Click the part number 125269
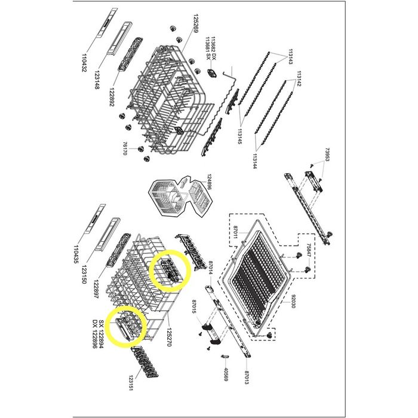pos(196,23)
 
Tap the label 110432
pos(84,63)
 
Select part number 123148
pos(97,79)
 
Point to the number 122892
pos(112,97)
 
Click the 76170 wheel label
pos(124,149)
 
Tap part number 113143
pos(290,57)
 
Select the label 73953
pos(327,155)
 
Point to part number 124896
pos(209,182)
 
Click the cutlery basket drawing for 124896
pos(180,196)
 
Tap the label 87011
pos(235,232)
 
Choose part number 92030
pos(293,301)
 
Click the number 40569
pos(226,374)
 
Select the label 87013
pos(247,377)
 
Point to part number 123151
pos(131,383)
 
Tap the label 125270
pos(168,337)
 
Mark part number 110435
pos(76,254)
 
